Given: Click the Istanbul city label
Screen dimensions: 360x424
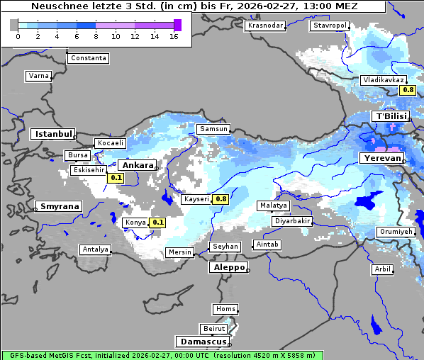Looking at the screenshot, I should pos(53,134).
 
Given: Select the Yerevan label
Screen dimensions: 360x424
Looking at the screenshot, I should pos(381,158).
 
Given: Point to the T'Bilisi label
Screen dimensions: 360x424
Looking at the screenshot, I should pos(391,116).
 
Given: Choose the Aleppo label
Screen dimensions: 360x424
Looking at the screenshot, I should pos(227,268).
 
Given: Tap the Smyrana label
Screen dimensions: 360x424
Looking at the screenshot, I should pos(60,207).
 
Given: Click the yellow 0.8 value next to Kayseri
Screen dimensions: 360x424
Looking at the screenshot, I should pos(221,200).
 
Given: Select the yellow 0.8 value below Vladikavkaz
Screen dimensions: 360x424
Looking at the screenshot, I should pos(407,90).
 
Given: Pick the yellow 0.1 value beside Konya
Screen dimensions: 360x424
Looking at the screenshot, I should pos(158,223).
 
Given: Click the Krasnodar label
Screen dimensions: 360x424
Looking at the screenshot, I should pos(265,26).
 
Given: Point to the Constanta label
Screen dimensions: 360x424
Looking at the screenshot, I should pos(89,58).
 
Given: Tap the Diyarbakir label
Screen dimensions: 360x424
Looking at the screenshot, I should pos(292,221).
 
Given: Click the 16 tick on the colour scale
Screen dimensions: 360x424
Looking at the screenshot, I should pos(174,36).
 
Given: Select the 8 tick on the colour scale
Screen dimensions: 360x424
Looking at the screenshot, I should pos(96,36).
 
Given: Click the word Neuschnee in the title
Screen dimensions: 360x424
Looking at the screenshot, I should pos(61,6).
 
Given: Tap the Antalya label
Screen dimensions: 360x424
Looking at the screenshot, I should pos(95,249).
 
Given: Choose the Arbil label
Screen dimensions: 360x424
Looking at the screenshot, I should pos(382,269).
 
